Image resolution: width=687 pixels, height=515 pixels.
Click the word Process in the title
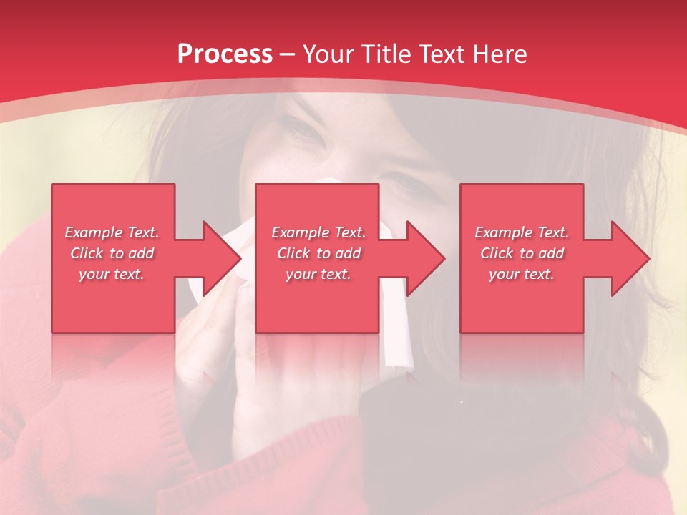[x=225, y=54]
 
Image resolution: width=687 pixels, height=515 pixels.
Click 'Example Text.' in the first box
[x=112, y=232]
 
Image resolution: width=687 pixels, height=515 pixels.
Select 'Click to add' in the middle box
[x=318, y=253]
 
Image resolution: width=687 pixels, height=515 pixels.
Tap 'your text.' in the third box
[x=522, y=274]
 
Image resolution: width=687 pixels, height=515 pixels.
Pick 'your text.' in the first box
[x=112, y=274]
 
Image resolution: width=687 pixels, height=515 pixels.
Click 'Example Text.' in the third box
[x=522, y=232]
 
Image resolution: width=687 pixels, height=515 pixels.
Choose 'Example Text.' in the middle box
[x=318, y=232]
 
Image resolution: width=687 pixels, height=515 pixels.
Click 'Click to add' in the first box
[x=112, y=253]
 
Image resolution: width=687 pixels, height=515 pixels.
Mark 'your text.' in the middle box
[x=318, y=274]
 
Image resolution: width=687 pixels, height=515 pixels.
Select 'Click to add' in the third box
[x=522, y=253]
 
